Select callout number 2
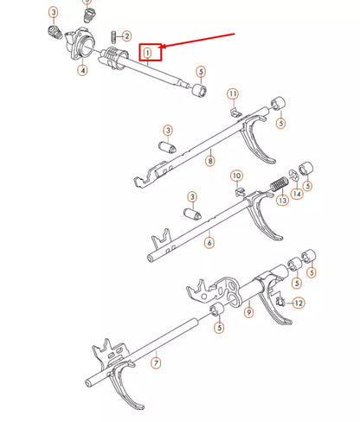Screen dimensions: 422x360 [x=127, y=36]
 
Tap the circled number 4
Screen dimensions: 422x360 [x=82, y=70]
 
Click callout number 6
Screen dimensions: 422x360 [x=209, y=243]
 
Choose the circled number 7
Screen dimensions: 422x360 [x=156, y=363]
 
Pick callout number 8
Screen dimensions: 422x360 [x=209, y=160]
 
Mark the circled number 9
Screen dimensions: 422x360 [x=248, y=312]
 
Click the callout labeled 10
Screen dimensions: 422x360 [x=237, y=176]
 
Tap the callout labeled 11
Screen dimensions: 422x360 [x=233, y=93]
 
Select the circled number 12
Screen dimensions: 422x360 [x=298, y=303]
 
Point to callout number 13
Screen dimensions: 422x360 [x=282, y=201]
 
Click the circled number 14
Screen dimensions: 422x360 [x=298, y=195]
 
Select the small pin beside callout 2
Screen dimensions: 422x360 [x=114, y=35]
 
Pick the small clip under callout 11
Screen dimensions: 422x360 [x=235, y=110]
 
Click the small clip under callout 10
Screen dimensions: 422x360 [x=241, y=191]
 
